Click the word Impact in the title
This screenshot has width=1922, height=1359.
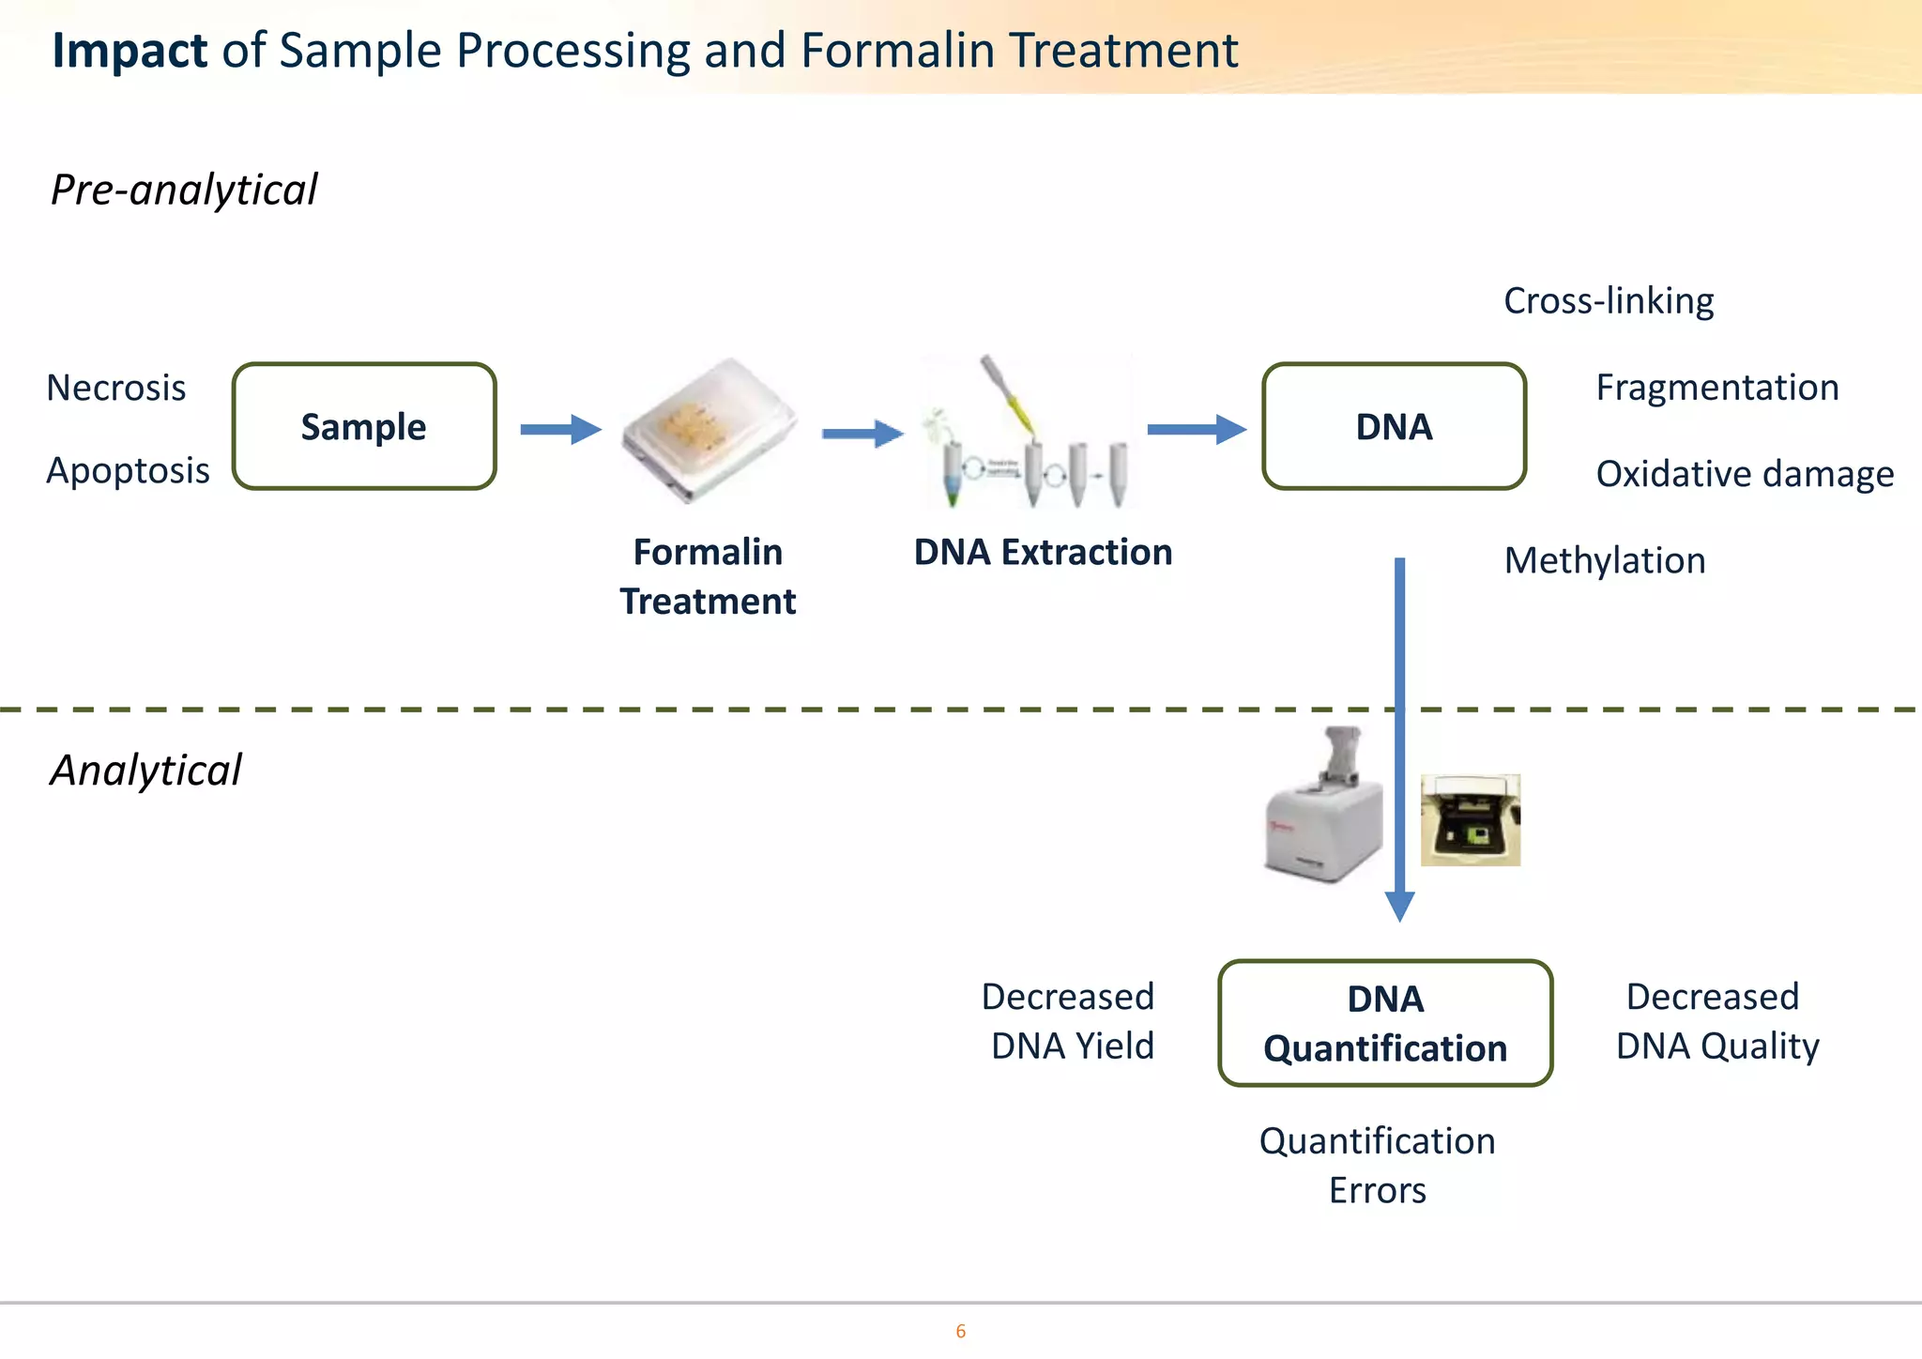click(x=130, y=51)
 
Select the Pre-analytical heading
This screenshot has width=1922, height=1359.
click(x=184, y=190)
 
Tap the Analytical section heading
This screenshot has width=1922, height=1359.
click(x=145, y=771)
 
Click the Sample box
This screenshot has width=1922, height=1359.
click(x=364, y=427)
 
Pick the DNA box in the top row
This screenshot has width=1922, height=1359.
click(x=1394, y=427)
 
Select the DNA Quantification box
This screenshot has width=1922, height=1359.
click(x=1385, y=1023)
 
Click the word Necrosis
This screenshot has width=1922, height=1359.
click(x=116, y=388)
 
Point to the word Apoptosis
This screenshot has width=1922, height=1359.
click(x=128, y=470)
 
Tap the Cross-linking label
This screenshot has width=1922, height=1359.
click(x=1609, y=301)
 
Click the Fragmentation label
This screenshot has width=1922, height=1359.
click(x=1717, y=388)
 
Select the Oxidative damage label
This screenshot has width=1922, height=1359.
click(x=1745, y=474)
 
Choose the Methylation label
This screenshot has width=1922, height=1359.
click(x=1605, y=560)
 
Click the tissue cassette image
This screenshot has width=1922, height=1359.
click(x=709, y=431)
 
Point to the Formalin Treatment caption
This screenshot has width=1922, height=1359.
click(x=708, y=576)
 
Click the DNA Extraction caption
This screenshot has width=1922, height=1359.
click(x=1043, y=552)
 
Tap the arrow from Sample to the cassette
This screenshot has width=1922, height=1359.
click(x=560, y=430)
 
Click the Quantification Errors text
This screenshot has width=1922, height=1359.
click(x=1377, y=1165)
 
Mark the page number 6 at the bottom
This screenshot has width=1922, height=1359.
click(x=960, y=1331)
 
